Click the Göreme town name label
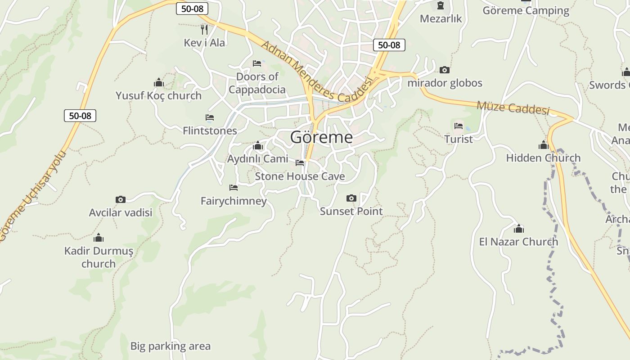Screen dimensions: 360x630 point(321,137)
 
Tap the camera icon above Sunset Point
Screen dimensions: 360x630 point(351,198)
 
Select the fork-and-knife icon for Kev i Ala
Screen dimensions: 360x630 point(204,30)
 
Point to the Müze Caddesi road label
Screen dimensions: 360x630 point(513,108)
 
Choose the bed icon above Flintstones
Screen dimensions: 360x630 point(210,117)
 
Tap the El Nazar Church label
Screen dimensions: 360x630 point(518,242)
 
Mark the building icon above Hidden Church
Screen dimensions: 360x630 point(544,145)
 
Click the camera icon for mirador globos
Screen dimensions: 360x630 point(445,70)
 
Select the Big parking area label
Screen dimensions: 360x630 point(170,346)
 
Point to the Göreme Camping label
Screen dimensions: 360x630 point(526,10)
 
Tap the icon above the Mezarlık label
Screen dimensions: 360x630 point(440,6)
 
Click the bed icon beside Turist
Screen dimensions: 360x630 point(459,126)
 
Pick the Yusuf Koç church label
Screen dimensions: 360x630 point(158,95)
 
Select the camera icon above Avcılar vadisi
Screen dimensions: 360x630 point(120,199)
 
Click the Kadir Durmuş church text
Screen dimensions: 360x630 point(99,257)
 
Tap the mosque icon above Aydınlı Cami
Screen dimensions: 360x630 point(258,145)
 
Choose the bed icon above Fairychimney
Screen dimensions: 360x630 point(233,187)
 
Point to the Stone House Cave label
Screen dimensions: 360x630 point(300,176)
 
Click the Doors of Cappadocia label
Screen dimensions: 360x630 point(257,83)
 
